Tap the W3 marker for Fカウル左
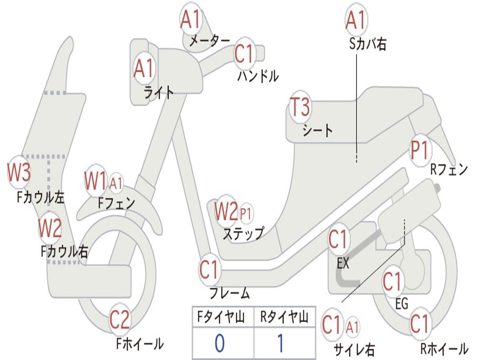tap(19, 172)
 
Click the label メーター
tap(210, 40)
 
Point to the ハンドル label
tap(258, 76)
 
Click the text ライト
tap(158, 92)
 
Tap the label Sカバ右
tap(367, 44)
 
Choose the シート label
tap(317, 130)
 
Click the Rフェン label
tap(449, 169)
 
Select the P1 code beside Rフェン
tap(419, 150)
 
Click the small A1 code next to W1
tap(116, 184)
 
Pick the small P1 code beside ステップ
tap(246, 213)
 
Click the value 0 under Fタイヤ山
tap(219, 343)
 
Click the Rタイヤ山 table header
tap(285, 317)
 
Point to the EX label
tap(343, 263)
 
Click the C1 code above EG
tap(392, 282)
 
